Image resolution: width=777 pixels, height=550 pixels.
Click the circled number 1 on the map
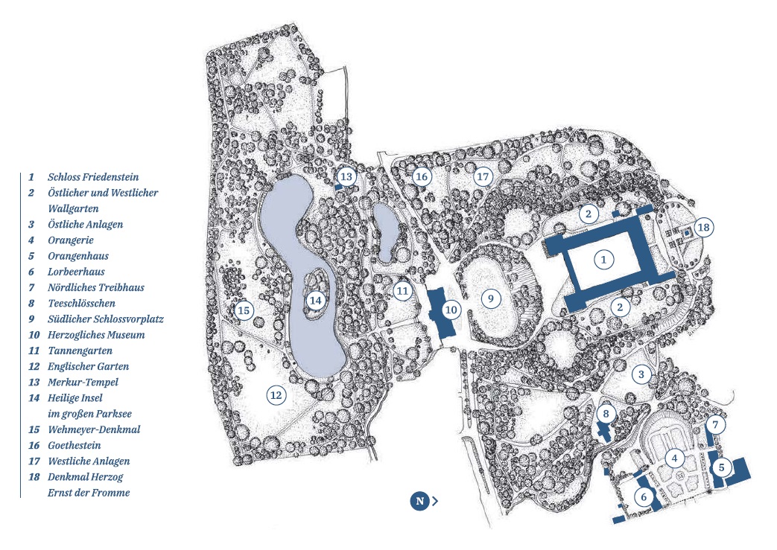604,259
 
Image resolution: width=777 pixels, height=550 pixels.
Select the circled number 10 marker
451,309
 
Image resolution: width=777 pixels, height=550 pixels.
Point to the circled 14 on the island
316,300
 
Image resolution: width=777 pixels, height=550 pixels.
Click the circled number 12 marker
276,394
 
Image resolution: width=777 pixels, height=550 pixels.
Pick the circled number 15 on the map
244,310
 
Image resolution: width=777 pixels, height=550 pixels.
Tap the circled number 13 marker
346,176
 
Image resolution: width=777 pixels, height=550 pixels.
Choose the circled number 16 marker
422,176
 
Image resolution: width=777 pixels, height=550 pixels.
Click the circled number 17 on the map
483,176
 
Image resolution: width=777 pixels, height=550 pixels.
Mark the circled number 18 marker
703,226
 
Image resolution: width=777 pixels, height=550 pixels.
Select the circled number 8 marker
606,413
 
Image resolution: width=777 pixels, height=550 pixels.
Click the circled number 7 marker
715,425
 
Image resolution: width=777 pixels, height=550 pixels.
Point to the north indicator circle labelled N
419,501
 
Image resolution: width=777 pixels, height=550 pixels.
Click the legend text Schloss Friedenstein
93,177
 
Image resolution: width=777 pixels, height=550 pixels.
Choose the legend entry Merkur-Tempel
83,382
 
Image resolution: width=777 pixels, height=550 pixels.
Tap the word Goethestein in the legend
74,445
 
